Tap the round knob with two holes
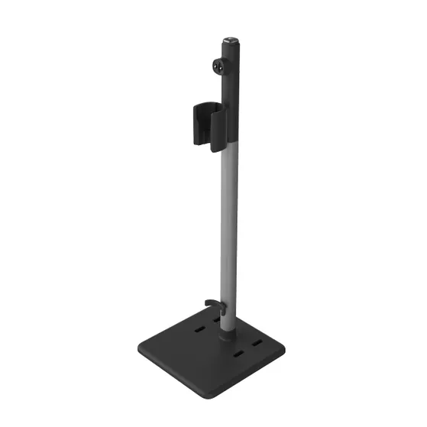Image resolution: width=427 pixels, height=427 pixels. click(x=219, y=66)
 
